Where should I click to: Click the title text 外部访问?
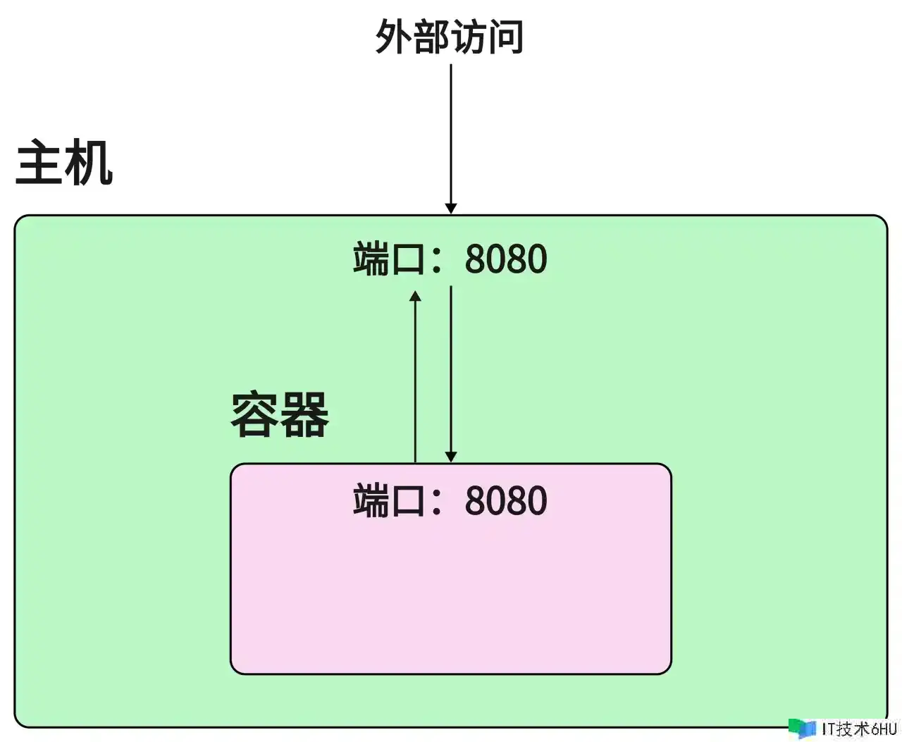point(449,36)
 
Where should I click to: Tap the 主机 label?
point(64,163)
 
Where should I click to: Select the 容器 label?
point(280,415)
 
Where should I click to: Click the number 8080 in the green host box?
point(505,259)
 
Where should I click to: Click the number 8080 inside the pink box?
point(505,501)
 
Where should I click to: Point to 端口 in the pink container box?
point(389,501)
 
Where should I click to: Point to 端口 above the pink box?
point(389,259)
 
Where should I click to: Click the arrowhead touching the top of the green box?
point(451,208)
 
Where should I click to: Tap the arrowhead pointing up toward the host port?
point(416,297)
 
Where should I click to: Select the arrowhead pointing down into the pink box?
point(451,457)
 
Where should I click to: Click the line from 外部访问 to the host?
point(451,134)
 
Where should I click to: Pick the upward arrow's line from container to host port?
point(416,381)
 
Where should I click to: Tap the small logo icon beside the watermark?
point(802,728)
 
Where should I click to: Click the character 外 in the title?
point(393,36)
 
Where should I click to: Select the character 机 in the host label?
point(89,163)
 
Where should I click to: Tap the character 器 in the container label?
point(304,415)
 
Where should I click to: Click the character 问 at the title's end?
point(506,36)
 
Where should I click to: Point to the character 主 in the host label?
point(39,163)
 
